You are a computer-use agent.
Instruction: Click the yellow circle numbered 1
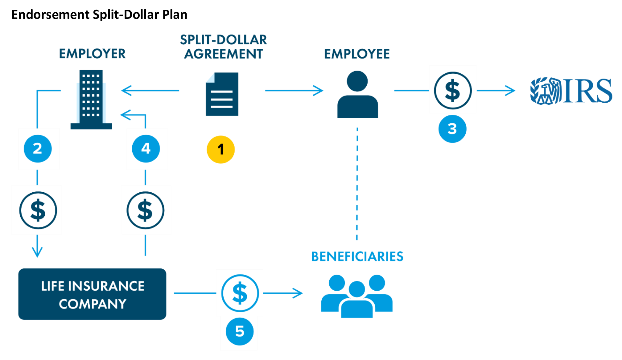220,149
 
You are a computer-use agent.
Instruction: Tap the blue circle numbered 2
38,149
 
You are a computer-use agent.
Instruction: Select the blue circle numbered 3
452,129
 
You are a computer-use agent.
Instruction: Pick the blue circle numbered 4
146,149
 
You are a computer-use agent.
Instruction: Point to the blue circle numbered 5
240,331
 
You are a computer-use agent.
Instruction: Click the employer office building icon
91,99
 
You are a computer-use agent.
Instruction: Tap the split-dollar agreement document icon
222,94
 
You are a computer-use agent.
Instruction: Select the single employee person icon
357,94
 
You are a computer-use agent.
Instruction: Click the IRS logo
571,91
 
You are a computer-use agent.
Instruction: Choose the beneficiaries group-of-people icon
357,296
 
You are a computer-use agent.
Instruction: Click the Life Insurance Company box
92,294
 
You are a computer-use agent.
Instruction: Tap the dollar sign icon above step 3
453,91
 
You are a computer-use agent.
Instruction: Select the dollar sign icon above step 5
240,293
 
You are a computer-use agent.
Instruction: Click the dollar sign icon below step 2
38,210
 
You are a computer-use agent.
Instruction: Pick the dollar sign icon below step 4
145,210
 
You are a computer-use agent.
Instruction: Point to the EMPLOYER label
92,54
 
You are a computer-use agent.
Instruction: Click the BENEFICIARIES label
357,256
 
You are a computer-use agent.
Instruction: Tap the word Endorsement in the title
50,14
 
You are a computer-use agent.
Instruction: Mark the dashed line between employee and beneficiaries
357,184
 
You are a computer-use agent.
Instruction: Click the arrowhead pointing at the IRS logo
510,91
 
